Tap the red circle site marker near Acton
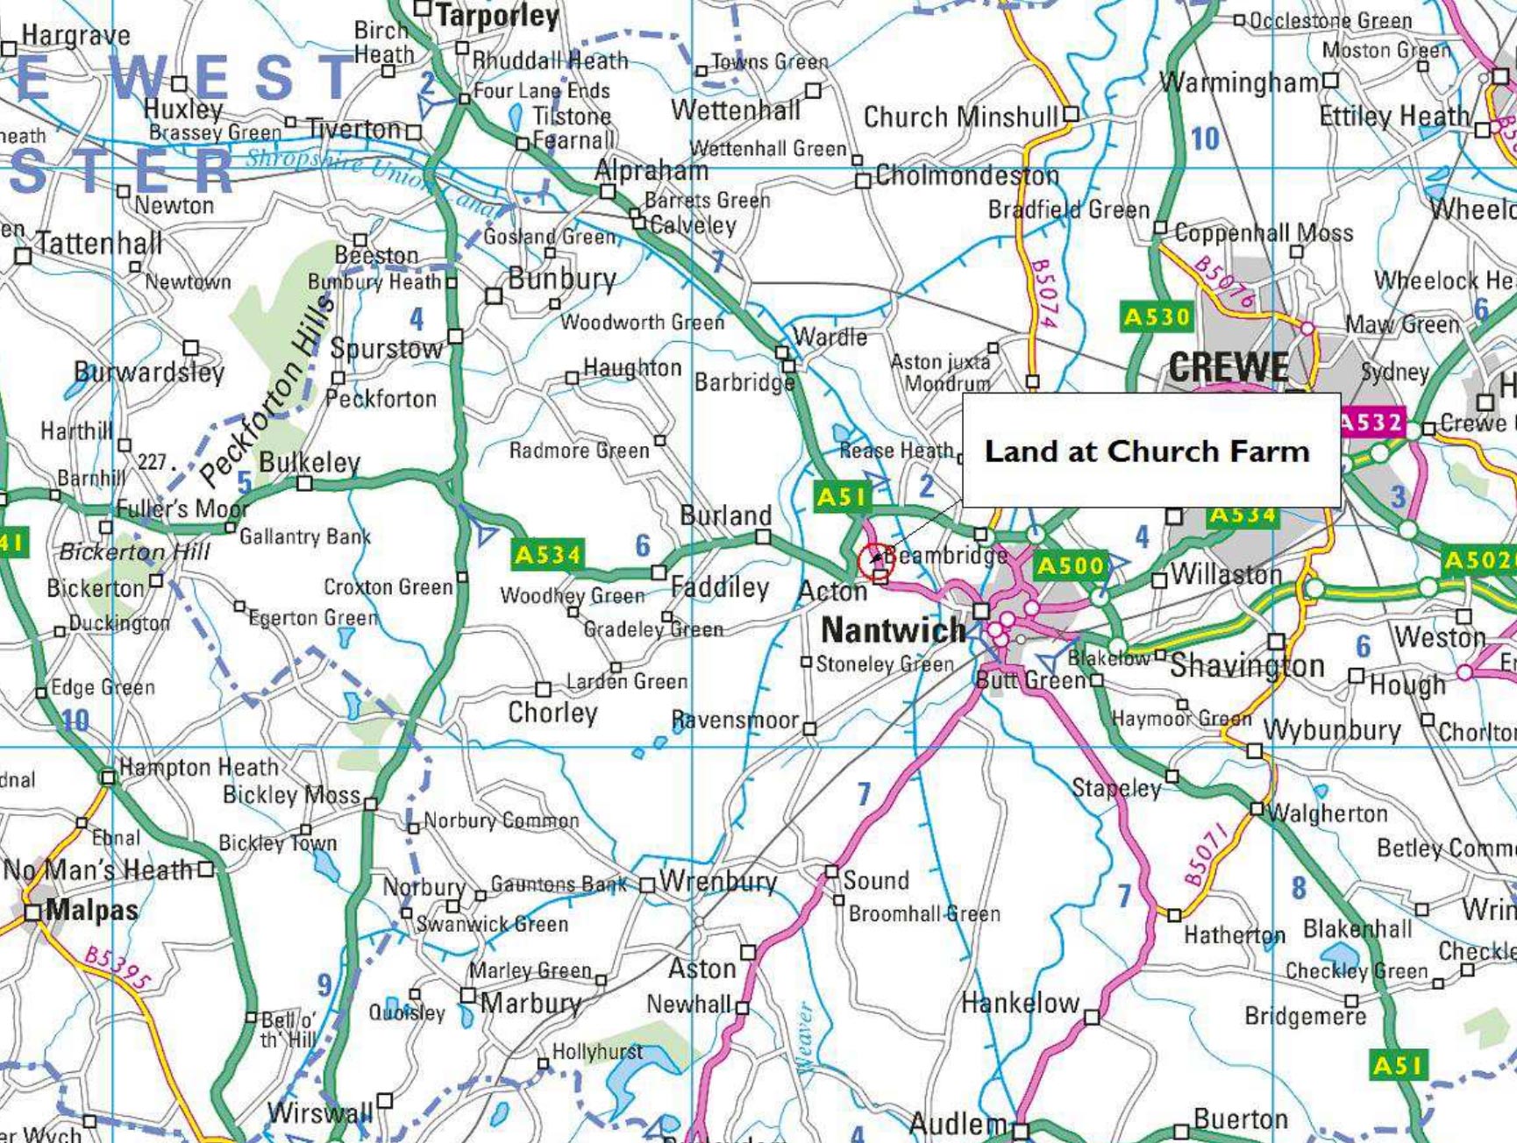click(875, 561)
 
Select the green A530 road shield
click(1157, 316)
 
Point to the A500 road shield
click(1070, 566)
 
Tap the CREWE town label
click(1229, 366)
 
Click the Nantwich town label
click(893, 630)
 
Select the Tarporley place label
click(497, 16)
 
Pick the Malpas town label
click(91, 910)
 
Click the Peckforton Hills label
click(267, 390)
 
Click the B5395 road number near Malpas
click(118, 966)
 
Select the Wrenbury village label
click(718, 881)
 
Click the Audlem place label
click(958, 1124)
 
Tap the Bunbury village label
click(562, 279)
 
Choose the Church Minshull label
click(960, 117)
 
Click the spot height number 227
click(152, 461)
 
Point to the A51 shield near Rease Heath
click(840, 497)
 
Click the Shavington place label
click(1247, 665)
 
